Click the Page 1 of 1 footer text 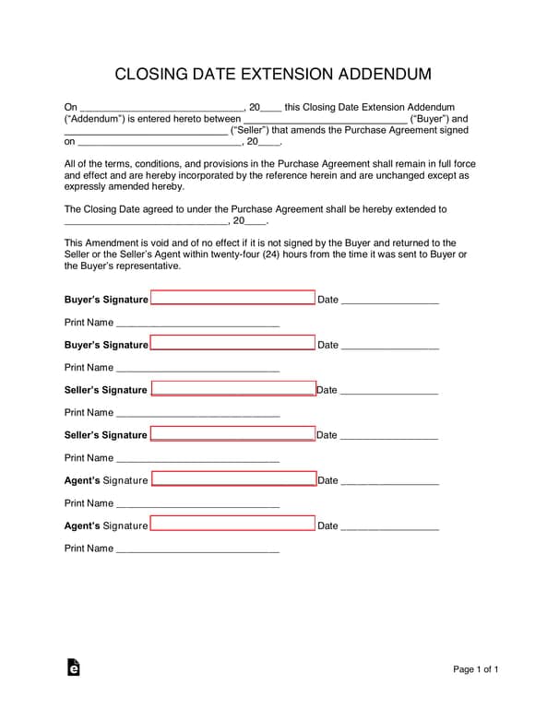[476, 669]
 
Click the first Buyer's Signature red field [232, 299]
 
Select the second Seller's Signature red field [232, 434]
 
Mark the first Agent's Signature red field [233, 479]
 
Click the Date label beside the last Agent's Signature [327, 525]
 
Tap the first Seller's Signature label [105, 390]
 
